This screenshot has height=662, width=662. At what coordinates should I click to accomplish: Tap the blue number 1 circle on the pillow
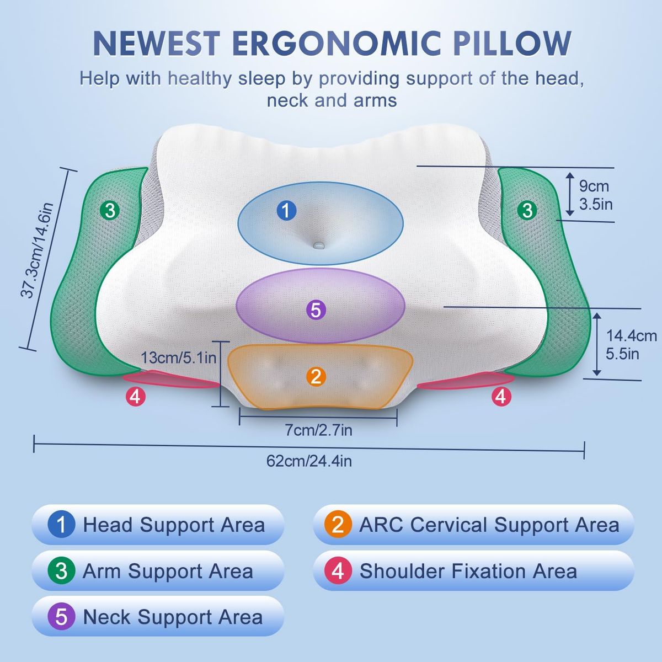coord(286,210)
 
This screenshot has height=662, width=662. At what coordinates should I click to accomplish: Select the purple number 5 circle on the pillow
coord(316,309)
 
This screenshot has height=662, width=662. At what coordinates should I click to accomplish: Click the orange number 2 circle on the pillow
coord(316,377)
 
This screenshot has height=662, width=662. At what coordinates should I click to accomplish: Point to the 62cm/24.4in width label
coord(309,461)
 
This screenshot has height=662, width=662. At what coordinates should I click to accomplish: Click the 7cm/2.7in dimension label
coord(318,430)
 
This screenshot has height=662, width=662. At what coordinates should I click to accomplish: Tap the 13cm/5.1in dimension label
coord(179,357)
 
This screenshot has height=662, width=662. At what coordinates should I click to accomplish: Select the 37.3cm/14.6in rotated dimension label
coord(37,250)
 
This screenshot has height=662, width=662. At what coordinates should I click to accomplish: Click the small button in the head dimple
coord(318,245)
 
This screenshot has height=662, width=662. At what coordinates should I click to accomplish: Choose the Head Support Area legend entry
coord(158,525)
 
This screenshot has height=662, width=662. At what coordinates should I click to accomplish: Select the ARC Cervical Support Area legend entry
coord(473,525)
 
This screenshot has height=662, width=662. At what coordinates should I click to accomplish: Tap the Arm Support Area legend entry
coord(158,571)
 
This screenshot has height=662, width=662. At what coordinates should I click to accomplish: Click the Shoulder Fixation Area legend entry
coord(473,571)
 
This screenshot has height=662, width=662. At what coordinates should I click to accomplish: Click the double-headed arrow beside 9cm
coord(570,194)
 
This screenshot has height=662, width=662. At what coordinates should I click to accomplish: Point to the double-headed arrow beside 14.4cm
coord(597,344)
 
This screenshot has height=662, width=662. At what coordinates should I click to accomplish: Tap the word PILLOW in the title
coord(512,44)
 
